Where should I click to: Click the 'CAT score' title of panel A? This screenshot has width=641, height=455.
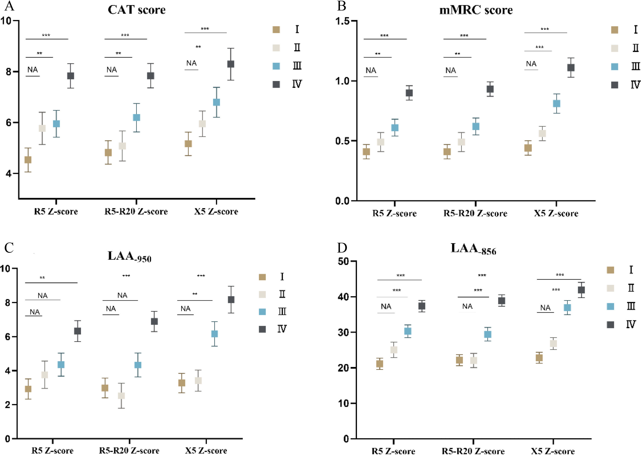click(x=137, y=10)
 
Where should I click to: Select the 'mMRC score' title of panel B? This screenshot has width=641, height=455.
click(x=476, y=10)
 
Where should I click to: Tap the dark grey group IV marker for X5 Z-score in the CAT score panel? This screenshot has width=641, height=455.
click(x=231, y=64)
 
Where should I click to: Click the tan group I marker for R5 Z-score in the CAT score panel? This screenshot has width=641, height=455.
click(x=28, y=160)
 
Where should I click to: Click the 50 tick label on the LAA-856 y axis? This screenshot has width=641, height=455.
click(x=343, y=261)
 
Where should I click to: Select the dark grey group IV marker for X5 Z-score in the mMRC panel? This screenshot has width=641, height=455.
click(x=571, y=67)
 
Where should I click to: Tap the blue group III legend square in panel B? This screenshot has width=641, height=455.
click(x=615, y=67)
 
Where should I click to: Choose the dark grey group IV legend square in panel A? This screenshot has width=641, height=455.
click(x=276, y=84)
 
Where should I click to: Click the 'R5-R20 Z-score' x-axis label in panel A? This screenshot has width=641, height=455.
click(x=136, y=212)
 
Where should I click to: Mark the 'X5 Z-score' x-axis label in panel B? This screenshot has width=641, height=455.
click(x=556, y=213)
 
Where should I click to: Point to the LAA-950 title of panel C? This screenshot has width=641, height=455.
click(x=129, y=256)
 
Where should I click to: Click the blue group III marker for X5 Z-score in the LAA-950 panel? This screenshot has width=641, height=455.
click(x=215, y=334)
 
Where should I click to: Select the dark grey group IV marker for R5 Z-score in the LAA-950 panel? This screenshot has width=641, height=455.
click(x=77, y=331)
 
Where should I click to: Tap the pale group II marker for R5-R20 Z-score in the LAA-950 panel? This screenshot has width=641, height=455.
click(x=121, y=396)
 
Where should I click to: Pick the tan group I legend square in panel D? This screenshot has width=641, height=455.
click(x=610, y=270)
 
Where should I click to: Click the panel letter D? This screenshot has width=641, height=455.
click(x=342, y=248)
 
